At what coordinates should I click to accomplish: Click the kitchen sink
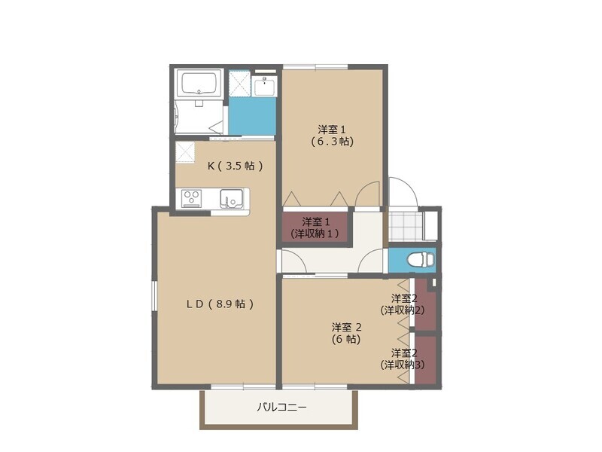[231, 200]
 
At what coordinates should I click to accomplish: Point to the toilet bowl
[419, 260]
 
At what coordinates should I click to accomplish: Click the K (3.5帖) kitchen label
[235, 166]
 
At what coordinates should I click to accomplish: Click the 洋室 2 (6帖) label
[347, 333]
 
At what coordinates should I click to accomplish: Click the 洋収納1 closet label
[316, 228]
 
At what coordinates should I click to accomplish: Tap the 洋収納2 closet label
[402, 304]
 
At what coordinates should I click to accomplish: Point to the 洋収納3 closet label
[402, 359]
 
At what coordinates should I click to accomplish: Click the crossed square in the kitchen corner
[186, 151]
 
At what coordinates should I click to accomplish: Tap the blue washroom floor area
[252, 117]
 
